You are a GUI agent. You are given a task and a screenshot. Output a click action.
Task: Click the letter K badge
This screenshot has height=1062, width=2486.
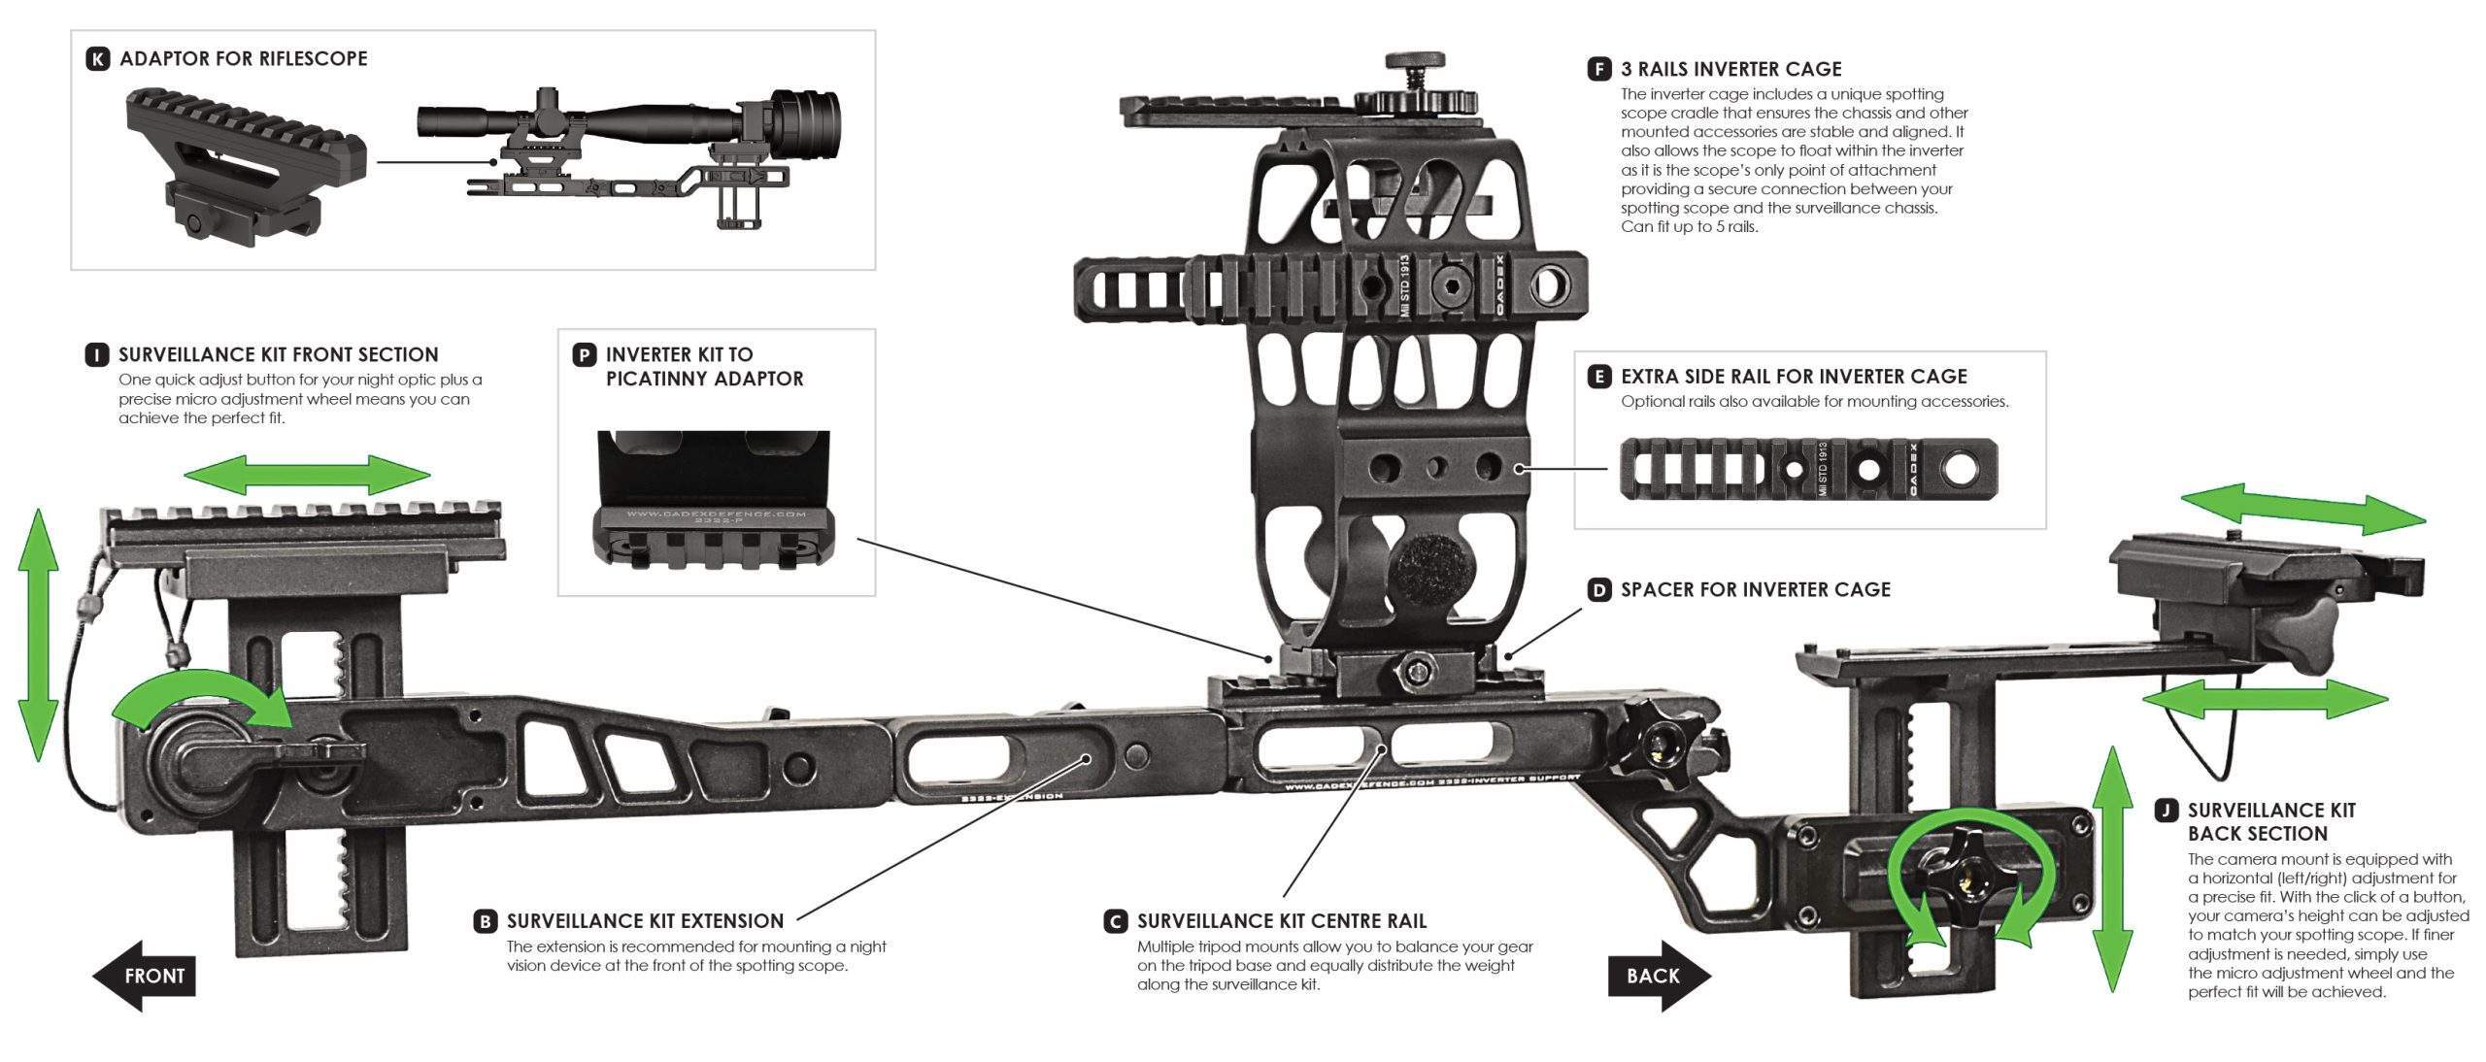click(x=98, y=59)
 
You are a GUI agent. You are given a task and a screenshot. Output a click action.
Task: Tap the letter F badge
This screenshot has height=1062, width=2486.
click(x=1598, y=69)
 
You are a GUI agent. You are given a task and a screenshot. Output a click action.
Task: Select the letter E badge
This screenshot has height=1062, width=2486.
click(x=1598, y=377)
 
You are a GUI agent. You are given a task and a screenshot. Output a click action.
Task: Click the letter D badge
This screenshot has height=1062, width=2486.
click(x=1598, y=589)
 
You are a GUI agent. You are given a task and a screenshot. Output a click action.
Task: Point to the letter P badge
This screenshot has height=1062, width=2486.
click(x=584, y=354)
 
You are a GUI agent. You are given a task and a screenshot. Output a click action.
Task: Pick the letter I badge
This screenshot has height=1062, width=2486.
click(x=97, y=354)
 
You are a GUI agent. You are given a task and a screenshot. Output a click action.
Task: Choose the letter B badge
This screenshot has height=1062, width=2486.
click(x=486, y=921)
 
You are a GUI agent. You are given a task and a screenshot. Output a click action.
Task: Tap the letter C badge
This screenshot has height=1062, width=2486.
click(x=1116, y=921)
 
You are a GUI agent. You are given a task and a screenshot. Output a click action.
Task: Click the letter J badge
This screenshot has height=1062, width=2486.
click(x=2166, y=811)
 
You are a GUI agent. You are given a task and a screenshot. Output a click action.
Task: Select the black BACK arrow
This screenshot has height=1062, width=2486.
click(x=1659, y=976)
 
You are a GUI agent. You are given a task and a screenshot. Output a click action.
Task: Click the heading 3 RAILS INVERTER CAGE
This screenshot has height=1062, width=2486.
click(x=1730, y=69)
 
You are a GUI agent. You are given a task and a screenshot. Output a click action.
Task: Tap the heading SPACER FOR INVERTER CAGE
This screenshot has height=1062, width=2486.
click(x=1755, y=589)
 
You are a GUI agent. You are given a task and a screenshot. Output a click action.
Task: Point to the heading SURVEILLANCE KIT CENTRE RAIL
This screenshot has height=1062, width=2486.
click(x=1282, y=921)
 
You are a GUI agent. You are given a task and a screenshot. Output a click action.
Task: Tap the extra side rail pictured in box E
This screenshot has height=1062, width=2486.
click(x=1808, y=470)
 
